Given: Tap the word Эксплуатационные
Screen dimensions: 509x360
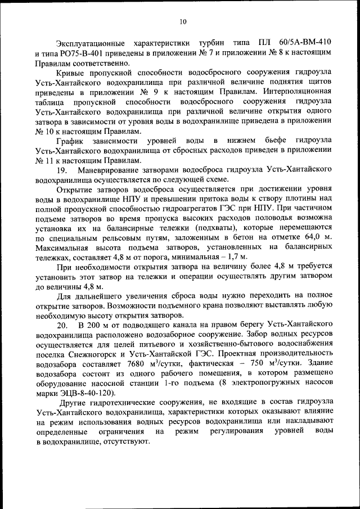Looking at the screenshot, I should [90, 42].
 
